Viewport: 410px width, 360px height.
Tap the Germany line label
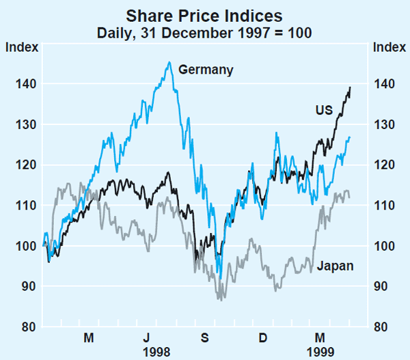[x=205, y=69]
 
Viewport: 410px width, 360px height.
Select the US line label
[x=325, y=110]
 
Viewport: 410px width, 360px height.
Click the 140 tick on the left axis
[x=20, y=84]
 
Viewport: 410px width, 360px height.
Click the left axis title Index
[x=18, y=47]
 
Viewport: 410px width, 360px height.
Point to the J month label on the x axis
[x=147, y=337]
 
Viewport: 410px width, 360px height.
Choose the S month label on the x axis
[x=205, y=337]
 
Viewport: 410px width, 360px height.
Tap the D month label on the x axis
[x=263, y=337]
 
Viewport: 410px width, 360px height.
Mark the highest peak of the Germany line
[x=169, y=62]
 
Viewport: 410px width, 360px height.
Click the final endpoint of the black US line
[x=351, y=87]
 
